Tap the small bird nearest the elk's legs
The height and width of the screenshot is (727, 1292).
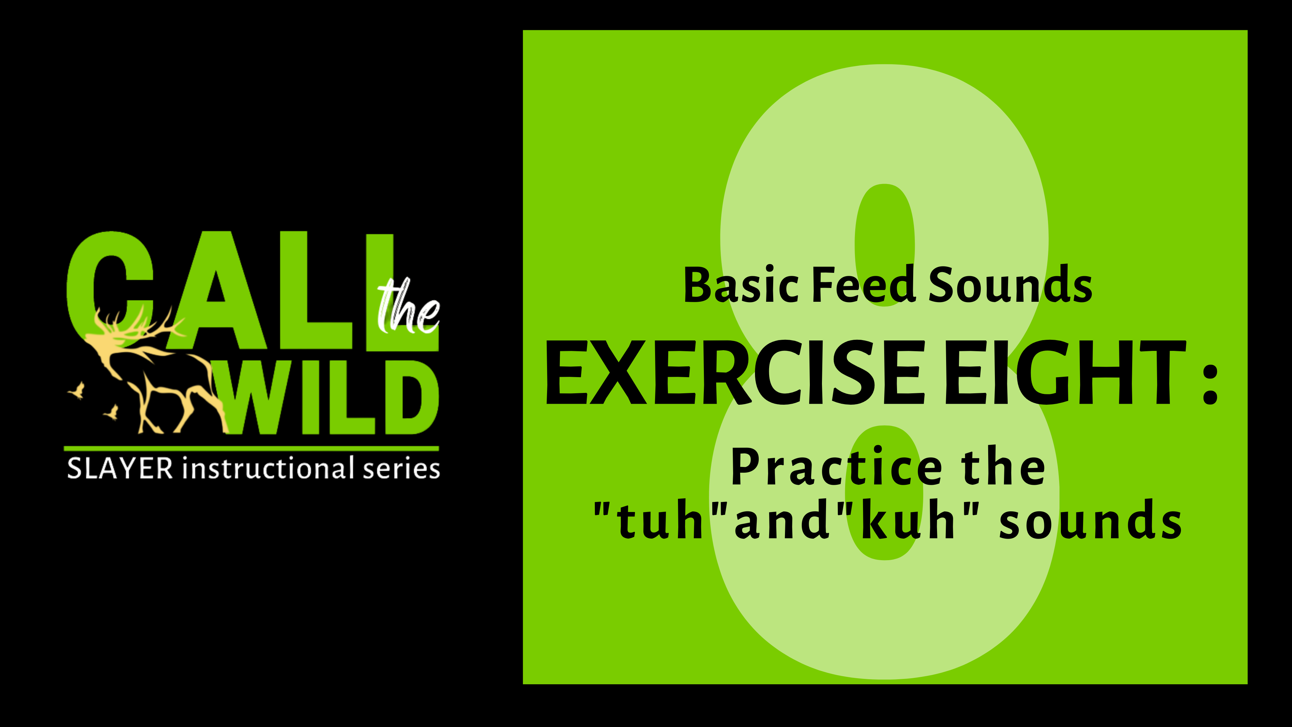pyautogui.click(x=111, y=412)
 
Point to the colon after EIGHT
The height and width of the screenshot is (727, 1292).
pyautogui.click(x=1210, y=383)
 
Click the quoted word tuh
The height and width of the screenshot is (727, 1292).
pyautogui.click(x=659, y=522)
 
